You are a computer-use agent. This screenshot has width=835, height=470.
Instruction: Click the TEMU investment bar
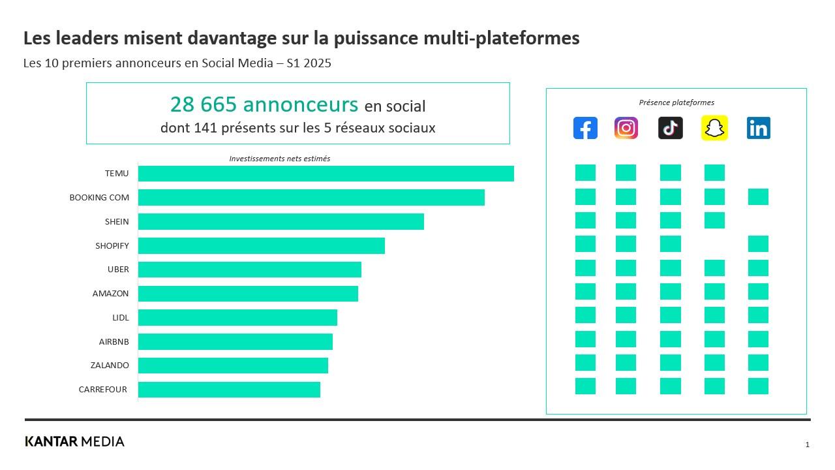[326, 174]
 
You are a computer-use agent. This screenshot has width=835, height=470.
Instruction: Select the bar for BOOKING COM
[311, 197]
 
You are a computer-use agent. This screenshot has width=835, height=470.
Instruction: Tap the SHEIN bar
[281, 221]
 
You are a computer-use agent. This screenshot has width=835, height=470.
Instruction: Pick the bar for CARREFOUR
[229, 390]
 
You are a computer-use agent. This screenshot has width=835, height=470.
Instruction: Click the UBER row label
[118, 270]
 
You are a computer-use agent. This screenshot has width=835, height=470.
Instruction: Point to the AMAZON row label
[110, 294]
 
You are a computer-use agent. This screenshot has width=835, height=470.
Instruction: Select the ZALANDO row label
[110, 366]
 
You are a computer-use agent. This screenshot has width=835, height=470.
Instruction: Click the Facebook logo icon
[585, 128]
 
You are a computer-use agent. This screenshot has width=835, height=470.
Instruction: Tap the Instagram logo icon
[626, 128]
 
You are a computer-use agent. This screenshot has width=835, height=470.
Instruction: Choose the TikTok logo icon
[671, 128]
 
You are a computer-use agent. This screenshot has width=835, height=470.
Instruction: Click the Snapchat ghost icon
[714, 128]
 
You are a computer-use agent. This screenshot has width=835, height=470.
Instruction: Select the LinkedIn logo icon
[758, 128]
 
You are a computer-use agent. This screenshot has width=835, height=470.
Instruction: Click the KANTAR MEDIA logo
[74, 441]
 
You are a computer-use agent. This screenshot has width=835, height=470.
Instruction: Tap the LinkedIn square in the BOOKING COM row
[758, 196]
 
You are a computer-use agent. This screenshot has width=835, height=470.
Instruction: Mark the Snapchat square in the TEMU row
[714, 173]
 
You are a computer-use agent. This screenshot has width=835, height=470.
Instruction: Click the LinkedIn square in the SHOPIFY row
[758, 244]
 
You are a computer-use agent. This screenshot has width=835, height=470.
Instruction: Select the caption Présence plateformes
[676, 102]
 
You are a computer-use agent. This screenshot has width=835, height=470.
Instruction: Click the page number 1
[807, 445]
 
